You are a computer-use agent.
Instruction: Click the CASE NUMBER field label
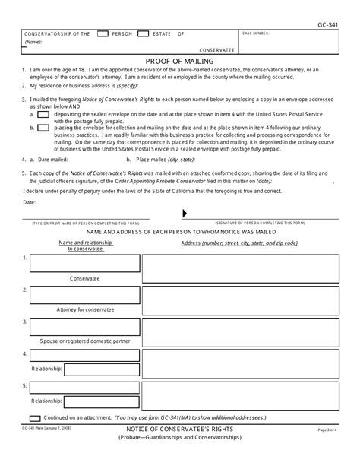[x=259, y=34]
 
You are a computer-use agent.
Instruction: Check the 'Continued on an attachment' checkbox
[x=34, y=417]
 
